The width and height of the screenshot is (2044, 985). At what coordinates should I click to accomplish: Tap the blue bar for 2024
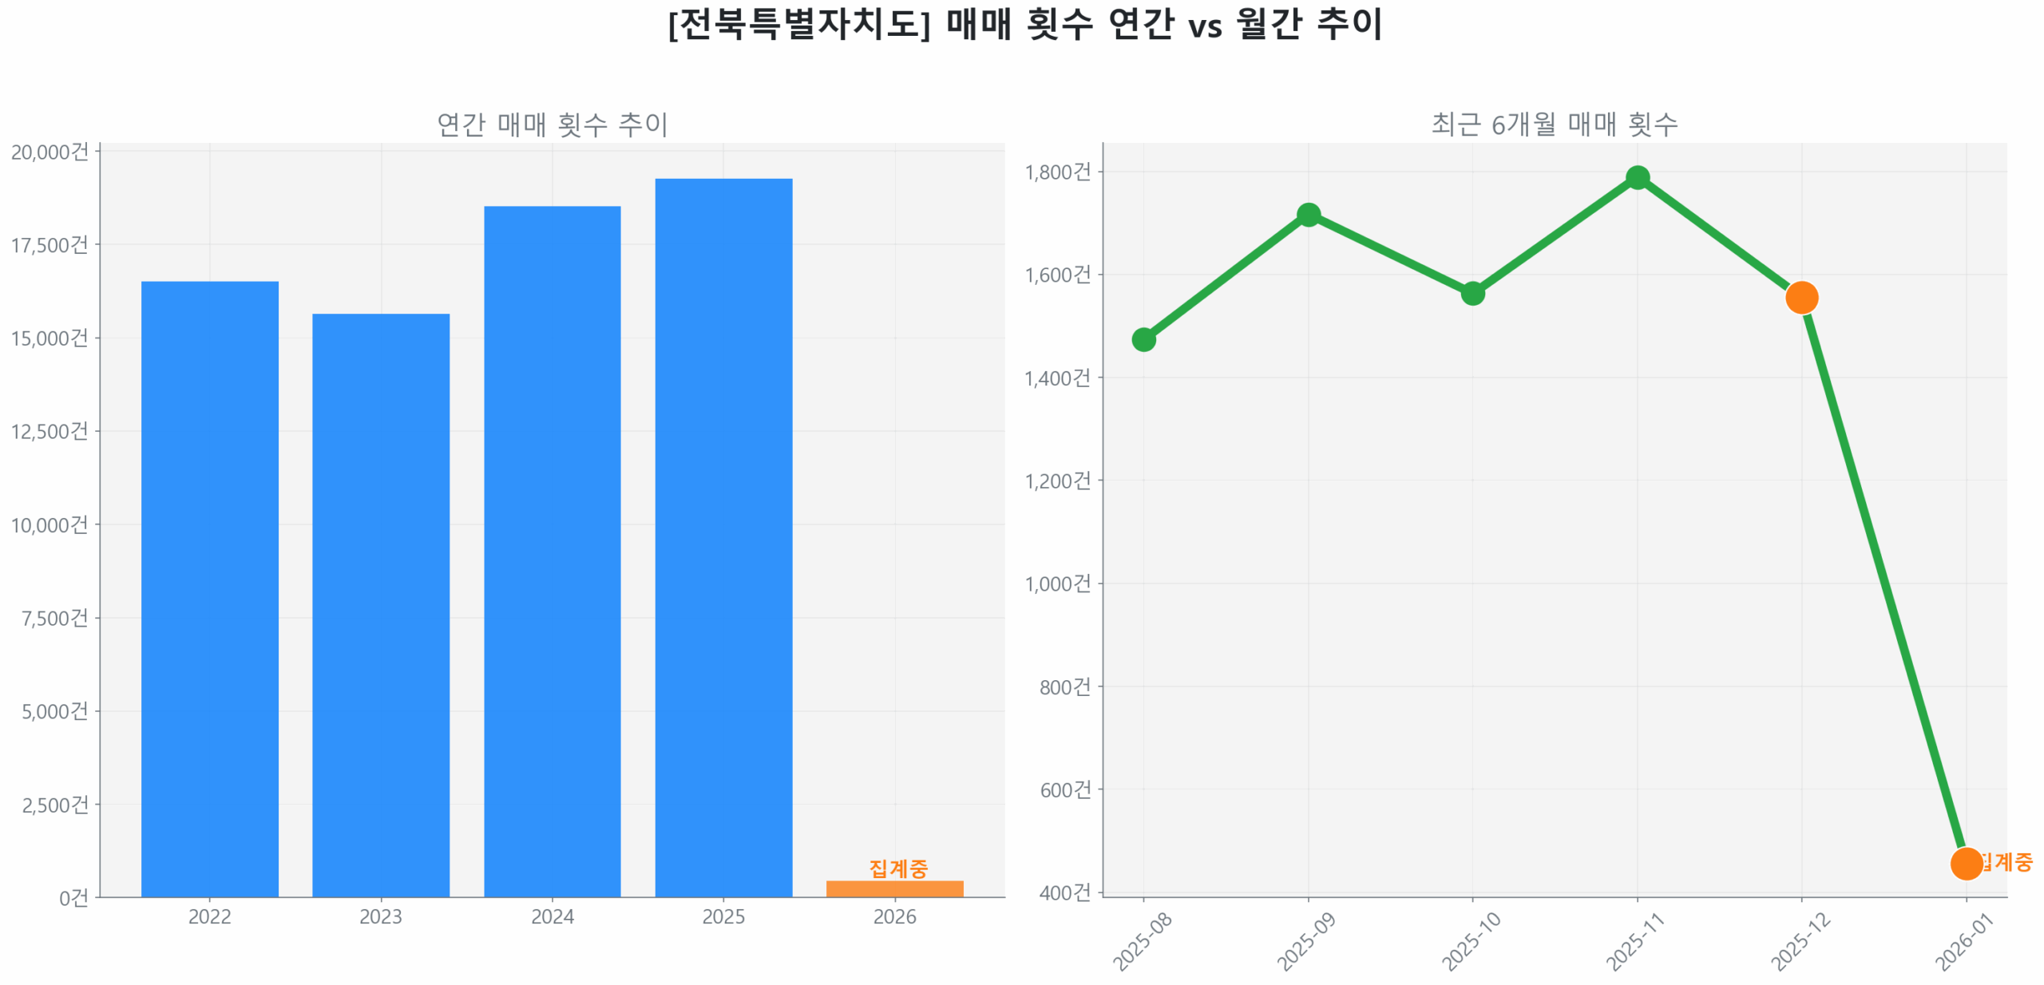click(552, 550)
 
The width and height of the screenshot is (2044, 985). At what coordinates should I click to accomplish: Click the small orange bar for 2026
click(894, 888)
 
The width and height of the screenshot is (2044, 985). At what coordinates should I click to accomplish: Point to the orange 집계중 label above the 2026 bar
click(897, 867)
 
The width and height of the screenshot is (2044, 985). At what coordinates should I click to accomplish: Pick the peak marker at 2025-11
click(1637, 177)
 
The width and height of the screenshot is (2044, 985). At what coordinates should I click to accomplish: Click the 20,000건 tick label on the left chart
click(50, 152)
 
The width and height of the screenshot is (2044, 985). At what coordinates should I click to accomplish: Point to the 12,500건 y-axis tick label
click(50, 431)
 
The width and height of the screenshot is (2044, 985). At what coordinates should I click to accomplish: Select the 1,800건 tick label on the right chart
click(1056, 172)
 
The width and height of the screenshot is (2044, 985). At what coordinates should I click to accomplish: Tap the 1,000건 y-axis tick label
click(1056, 583)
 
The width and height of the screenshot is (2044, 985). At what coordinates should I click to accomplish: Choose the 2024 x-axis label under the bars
click(552, 916)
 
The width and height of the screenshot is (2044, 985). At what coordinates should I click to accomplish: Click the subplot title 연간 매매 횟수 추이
click(552, 125)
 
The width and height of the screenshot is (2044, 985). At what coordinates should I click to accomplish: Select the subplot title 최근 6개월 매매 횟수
click(1553, 125)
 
